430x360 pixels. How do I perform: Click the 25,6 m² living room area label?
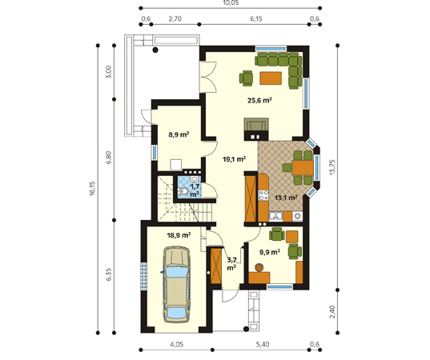(x=259, y=100)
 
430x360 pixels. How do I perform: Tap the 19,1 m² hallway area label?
(x=234, y=159)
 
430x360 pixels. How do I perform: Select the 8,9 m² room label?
(x=179, y=134)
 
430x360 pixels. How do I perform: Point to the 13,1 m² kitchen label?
(x=286, y=198)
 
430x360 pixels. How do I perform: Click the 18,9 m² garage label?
(x=179, y=235)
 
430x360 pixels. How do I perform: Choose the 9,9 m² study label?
(x=270, y=252)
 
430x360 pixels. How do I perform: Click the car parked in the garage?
(x=177, y=284)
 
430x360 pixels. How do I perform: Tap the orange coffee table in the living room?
(x=271, y=78)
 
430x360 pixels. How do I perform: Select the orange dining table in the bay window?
(x=303, y=168)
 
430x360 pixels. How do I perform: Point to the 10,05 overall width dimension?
(x=231, y=2)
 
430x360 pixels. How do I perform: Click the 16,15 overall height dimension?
(x=92, y=189)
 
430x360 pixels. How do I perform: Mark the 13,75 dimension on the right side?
(x=332, y=167)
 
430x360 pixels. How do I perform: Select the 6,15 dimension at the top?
(x=256, y=18)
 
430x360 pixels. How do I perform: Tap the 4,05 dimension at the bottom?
(x=177, y=344)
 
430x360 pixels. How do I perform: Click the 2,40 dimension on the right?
(x=332, y=312)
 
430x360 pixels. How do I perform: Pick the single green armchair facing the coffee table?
(x=246, y=78)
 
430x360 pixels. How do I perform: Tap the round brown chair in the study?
(x=259, y=267)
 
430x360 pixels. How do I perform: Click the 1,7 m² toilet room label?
(x=195, y=190)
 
